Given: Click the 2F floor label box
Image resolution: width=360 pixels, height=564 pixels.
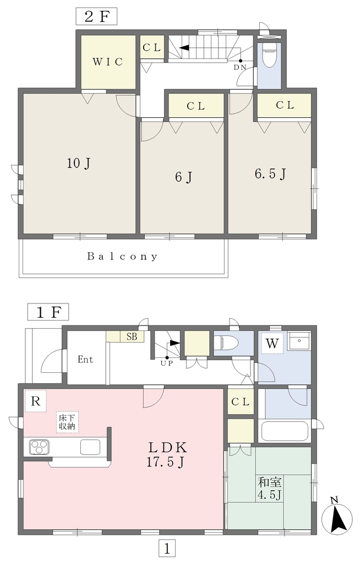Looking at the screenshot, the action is point(96,17).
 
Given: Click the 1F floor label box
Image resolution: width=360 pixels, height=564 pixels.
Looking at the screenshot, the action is point(48,312).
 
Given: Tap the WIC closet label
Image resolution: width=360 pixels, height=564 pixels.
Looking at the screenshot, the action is point(107,62).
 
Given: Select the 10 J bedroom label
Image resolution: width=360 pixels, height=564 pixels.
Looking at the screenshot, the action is point(78,164).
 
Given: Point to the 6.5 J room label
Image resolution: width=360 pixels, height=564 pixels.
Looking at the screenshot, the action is point(270,174).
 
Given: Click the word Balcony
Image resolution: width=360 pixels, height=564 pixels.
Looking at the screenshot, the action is point(122,257).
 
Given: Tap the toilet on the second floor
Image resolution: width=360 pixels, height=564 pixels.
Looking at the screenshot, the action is point(269,55).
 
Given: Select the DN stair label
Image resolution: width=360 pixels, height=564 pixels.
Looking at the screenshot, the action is point(240,67).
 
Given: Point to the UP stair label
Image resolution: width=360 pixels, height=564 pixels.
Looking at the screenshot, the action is point(167,363).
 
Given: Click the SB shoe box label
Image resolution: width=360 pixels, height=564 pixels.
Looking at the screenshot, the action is point(132,337).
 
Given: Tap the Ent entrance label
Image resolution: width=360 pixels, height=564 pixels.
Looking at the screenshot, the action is point(85,359).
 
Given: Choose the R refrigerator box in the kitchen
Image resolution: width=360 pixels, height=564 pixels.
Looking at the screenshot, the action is point(35,401).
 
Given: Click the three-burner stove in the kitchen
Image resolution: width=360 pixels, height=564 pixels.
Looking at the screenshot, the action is point(39,447).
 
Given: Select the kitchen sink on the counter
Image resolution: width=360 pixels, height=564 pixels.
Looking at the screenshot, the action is point(90,447).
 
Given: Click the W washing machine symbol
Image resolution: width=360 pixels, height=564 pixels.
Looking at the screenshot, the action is point(272,344).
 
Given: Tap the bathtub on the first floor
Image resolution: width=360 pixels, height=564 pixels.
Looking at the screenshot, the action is point(285,431).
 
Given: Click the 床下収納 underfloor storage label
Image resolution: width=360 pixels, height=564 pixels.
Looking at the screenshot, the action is point(67,422).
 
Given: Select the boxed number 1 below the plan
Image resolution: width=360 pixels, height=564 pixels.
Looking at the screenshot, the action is point(167,549).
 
